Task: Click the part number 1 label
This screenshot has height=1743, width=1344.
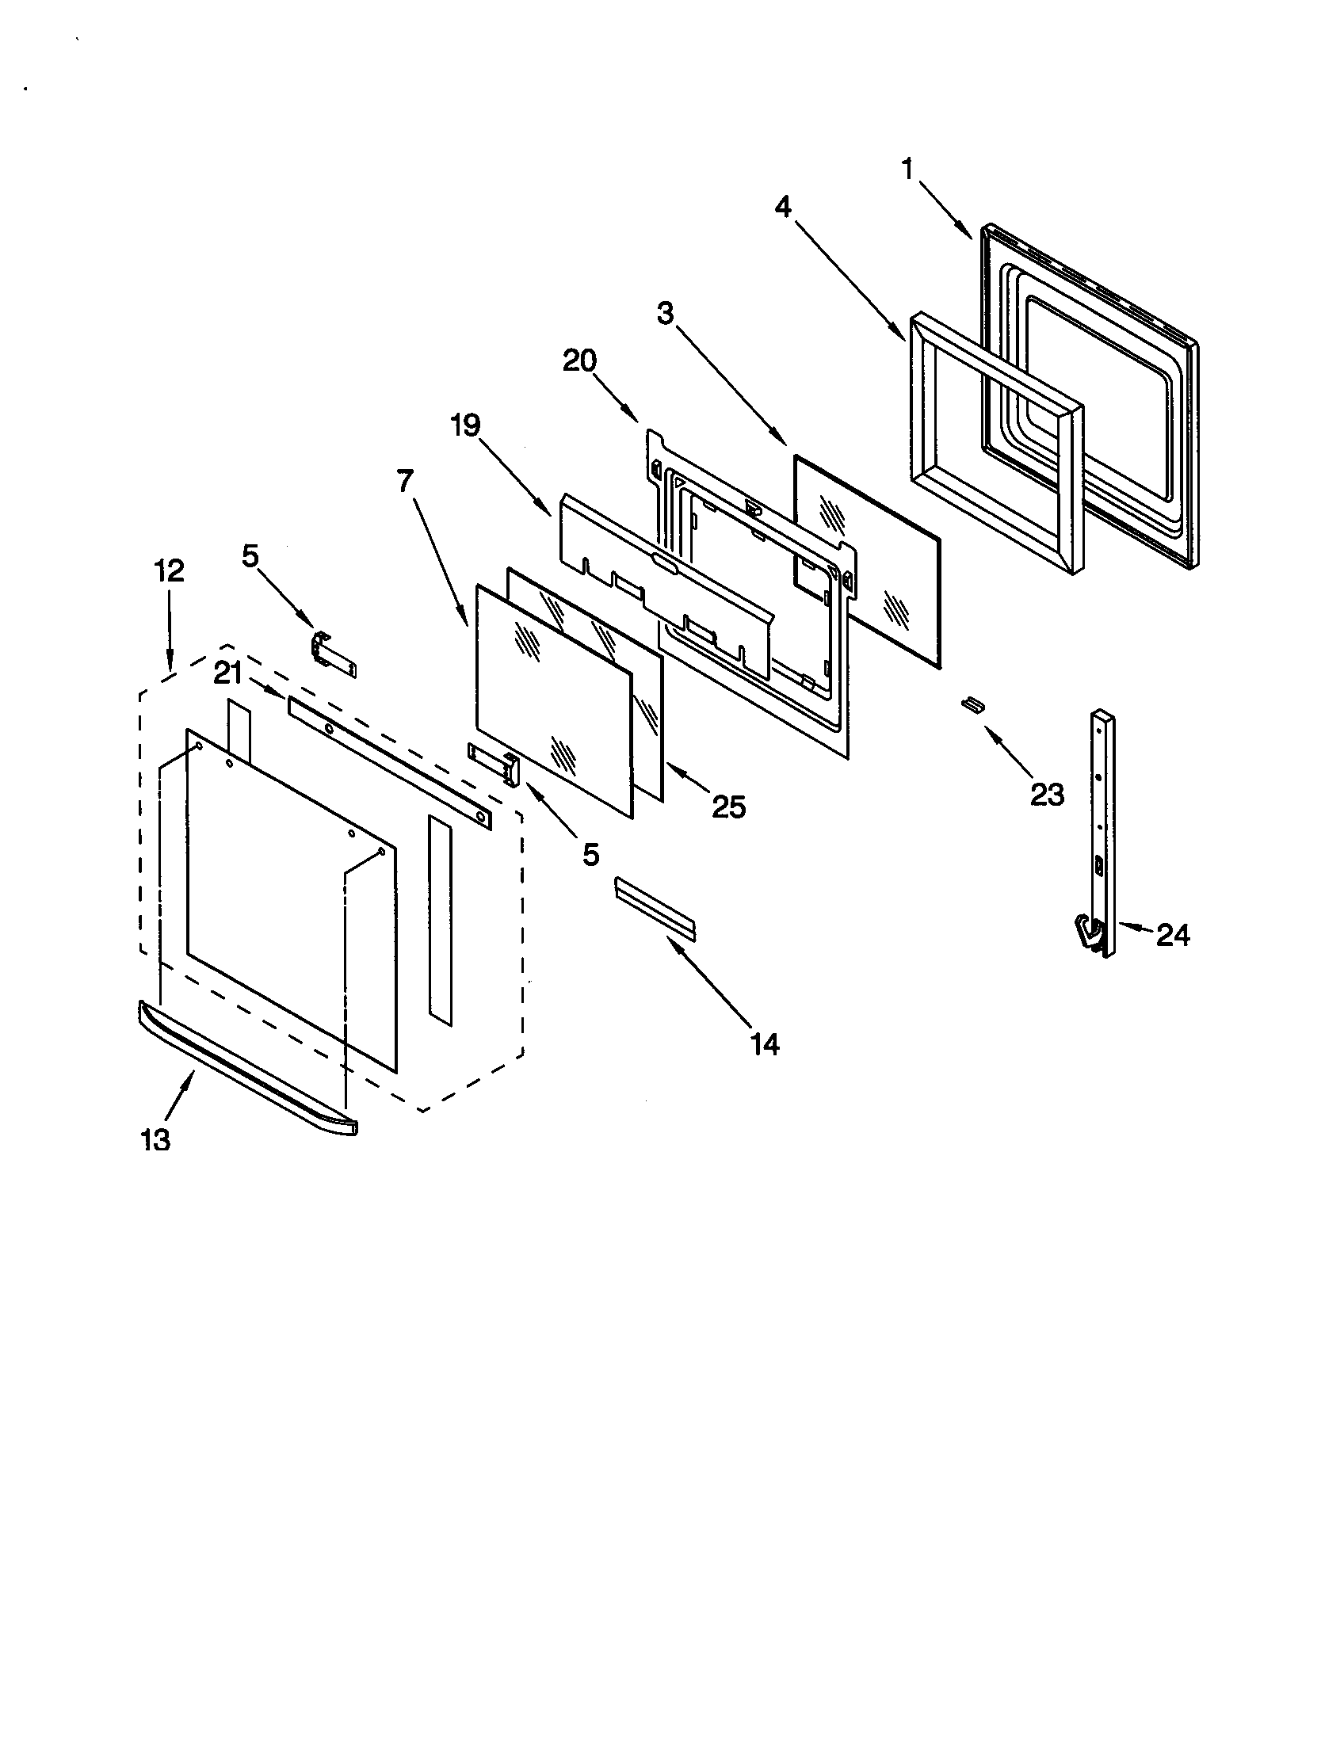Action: (907, 170)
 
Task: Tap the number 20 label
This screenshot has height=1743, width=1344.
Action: (579, 360)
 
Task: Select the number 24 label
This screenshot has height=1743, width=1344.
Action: (1172, 935)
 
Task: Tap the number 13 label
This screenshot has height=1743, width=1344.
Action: (155, 1140)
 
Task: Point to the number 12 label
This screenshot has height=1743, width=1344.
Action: (170, 570)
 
